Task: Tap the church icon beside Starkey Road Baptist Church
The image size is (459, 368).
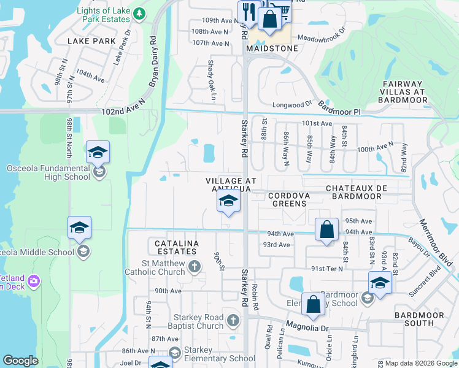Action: pyautogui.click(x=233, y=320)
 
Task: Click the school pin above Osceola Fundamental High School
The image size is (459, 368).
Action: pyautogui.click(x=98, y=153)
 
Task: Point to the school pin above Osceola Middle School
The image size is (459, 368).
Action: pyautogui.click(x=79, y=228)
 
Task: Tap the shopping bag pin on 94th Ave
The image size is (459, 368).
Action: pyautogui.click(x=327, y=230)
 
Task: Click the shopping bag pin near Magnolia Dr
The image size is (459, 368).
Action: pyautogui.click(x=313, y=304)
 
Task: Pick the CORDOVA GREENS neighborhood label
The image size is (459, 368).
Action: pyautogui.click(x=290, y=199)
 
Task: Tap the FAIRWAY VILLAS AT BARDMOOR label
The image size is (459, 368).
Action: pyautogui.click(x=402, y=91)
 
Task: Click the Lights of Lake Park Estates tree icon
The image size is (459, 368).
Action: pyautogui.click(x=140, y=13)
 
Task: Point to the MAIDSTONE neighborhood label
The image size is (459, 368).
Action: pyautogui.click(x=271, y=48)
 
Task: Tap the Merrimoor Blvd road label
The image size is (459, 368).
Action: pyautogui.click(x=437, y=241)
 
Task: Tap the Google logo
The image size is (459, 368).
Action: pyautogui.click(x=21, y=360)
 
